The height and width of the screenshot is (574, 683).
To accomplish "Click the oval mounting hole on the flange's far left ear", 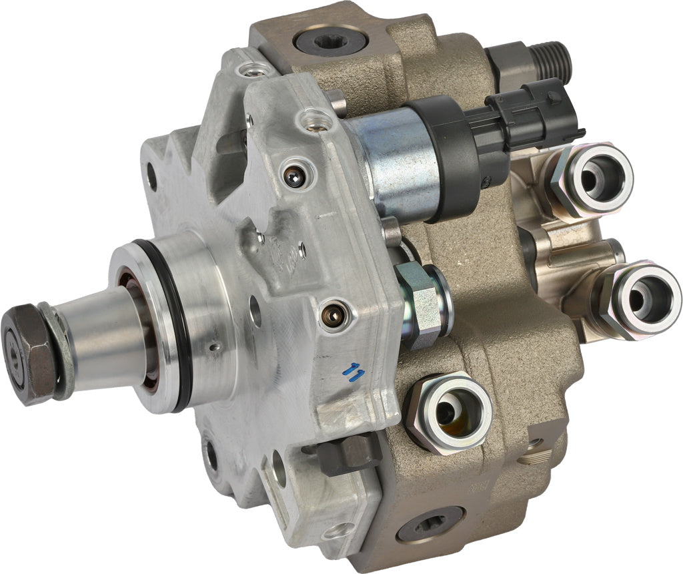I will (151, 176).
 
